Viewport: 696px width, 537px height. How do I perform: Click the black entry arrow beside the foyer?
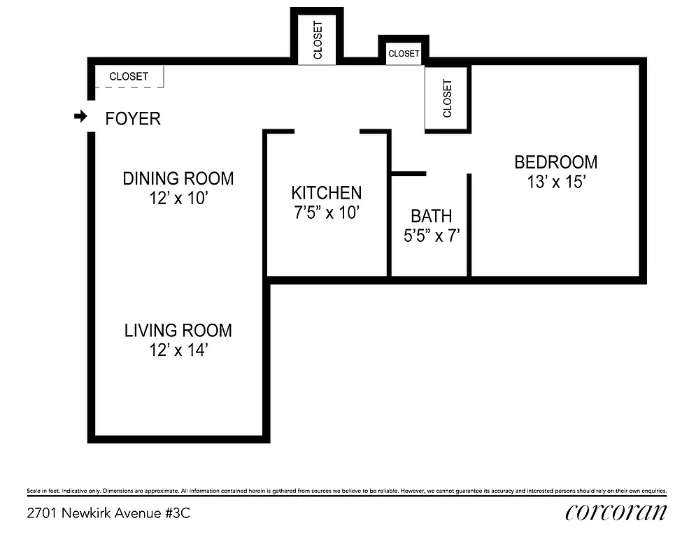click(x=80, y=117)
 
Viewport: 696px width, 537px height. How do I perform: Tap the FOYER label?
click(x=133, y=119)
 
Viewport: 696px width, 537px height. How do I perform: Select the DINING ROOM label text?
click(x=178, y=178)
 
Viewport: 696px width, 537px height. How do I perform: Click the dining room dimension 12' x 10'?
click(x=178, y=199)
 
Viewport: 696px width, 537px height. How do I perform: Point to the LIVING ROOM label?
click(x=178, y=330)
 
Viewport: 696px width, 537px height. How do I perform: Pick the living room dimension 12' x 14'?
click(x=178, y=350)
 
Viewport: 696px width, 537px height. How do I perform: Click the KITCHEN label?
click(x=327, y=193)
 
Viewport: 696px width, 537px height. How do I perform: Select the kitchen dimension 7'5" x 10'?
click(x=327, y=213)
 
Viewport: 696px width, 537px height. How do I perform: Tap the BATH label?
click(x=431, y=216)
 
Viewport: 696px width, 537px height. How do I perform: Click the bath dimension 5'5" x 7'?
click(x=431, y=236)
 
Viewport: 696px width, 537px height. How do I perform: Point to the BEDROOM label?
click(x=556, y=162)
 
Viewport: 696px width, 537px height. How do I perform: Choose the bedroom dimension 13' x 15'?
click(x=556, y=182)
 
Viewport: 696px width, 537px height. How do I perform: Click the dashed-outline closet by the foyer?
click(x=129, y=76)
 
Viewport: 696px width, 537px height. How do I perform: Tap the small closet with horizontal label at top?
click(x=404, y=53)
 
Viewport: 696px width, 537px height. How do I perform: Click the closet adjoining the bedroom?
click(x=448, y=98)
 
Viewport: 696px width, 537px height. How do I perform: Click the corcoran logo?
click(x=616, y=513)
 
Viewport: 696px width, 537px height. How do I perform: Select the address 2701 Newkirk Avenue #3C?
click(x=108, y=513)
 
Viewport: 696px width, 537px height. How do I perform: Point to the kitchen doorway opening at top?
click(x=327, y=131)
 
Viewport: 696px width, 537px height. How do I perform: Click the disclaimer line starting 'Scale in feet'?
click(x=347, y=491)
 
